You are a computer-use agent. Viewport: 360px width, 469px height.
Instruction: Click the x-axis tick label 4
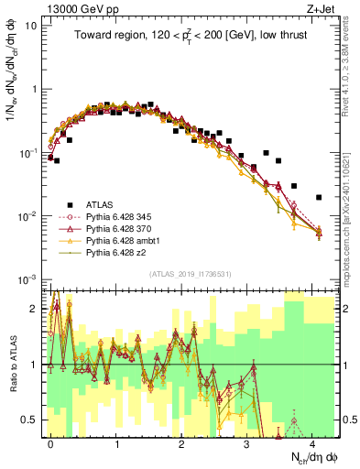(x=312, y=443)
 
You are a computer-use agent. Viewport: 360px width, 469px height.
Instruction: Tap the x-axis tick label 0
(x=50, y=443)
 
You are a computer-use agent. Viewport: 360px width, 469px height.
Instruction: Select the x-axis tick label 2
(x=181, y=443)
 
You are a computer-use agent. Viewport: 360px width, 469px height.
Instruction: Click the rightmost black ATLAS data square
(x=319, y=197)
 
